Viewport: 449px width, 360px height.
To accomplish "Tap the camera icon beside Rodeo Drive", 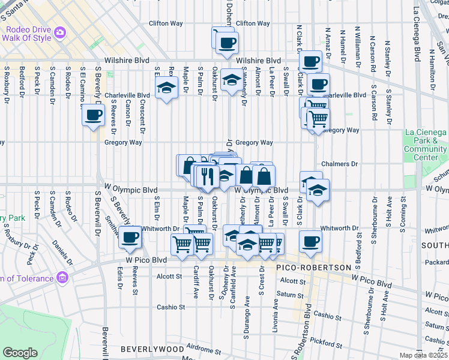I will [59, 32].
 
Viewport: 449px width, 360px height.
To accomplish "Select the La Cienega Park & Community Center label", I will [425, 145].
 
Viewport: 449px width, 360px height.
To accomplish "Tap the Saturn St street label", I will [291, 295].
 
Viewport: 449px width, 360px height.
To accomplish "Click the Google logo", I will [20, 353].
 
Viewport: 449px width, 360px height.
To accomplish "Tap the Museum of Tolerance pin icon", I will [62, 278].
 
